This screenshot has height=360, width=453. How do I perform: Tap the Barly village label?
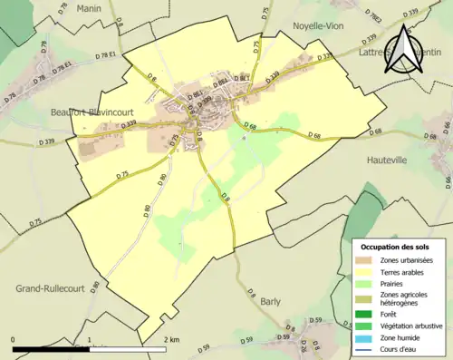coord(270,301)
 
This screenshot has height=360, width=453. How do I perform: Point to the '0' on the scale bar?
coord(14,339)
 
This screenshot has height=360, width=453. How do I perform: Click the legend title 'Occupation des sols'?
coord(395,247)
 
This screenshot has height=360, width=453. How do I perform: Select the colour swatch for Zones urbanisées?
coord(366,260)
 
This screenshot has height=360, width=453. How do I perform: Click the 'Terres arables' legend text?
coord(401,271)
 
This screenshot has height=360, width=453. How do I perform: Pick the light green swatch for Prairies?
coord(366,283)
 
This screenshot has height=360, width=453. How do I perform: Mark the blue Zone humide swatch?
coord(366,337)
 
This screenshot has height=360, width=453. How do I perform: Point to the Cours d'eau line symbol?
coord(366,349)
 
